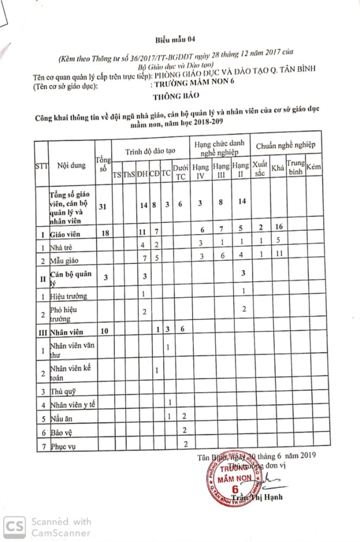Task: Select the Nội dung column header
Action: pos(71,165)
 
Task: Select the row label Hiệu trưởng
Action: pos(68,295)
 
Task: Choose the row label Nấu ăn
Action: pos(61,418)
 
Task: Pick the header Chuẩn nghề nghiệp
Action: pos(288,145)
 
